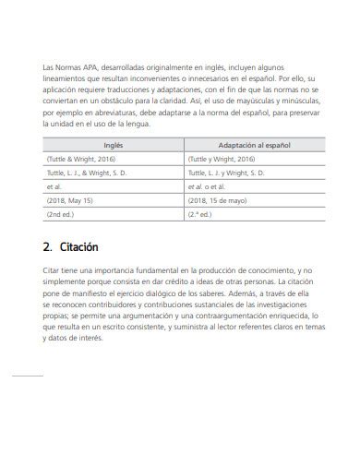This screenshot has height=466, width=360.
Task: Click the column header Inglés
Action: point(113,145)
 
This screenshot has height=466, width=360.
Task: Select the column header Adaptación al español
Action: point(253,145)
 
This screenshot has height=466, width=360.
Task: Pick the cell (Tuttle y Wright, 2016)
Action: point(221,159)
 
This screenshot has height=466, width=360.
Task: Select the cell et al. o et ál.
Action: point(208,185)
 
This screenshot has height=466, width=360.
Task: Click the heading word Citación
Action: point(78,247)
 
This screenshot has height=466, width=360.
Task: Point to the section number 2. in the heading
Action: point(48,247)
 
